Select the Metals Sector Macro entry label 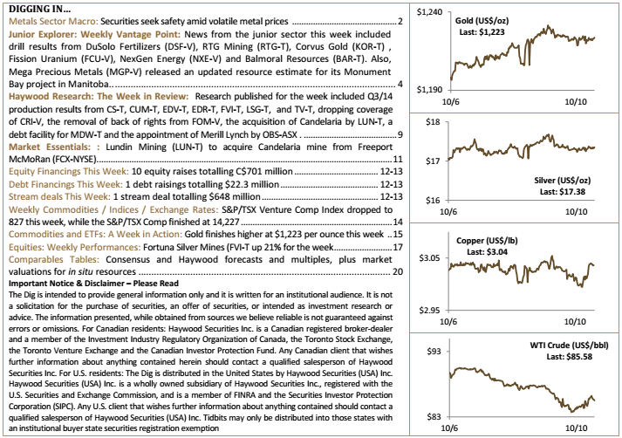53,21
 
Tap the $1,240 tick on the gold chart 429,12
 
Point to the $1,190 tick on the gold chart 429,90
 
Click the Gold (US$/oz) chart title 482,21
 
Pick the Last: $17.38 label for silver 563,192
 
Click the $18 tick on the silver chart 433,122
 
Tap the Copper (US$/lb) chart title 487,241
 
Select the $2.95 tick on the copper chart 429,311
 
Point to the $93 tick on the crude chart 434,352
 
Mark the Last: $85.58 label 570,357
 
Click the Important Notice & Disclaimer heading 93,284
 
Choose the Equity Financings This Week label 69,171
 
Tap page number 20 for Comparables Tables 398,271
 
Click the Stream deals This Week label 59,197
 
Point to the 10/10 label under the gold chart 576,102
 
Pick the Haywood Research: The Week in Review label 99,96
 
